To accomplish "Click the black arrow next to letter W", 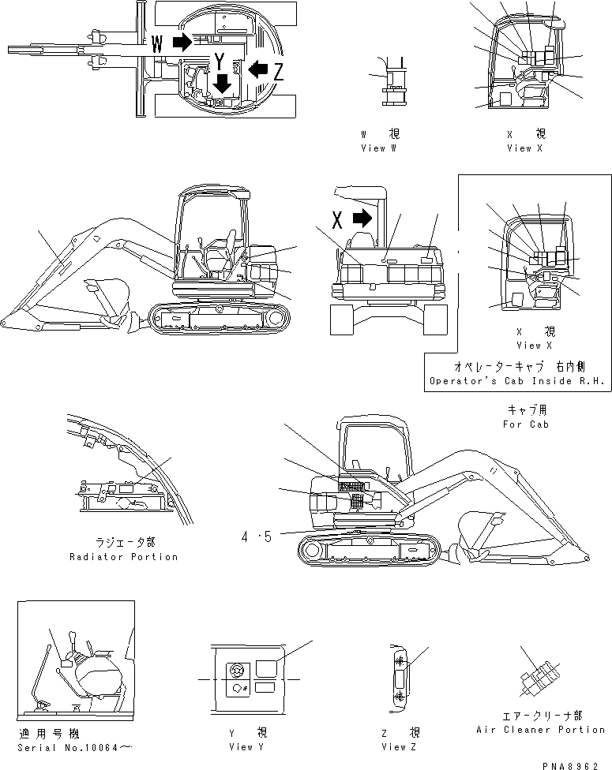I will coord(182,43).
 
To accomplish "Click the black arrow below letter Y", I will coord(222,82).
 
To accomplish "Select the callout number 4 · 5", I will coord(257,537).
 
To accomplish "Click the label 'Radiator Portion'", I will coord(123,556).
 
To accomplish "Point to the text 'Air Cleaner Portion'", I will coord(541,730).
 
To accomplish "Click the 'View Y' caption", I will coord(242,746).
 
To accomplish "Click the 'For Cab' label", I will coord(524,424).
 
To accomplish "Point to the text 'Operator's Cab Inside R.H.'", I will coord(518,381).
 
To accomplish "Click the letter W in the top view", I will coord(158,44).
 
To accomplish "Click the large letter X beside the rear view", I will coord(338,219).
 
